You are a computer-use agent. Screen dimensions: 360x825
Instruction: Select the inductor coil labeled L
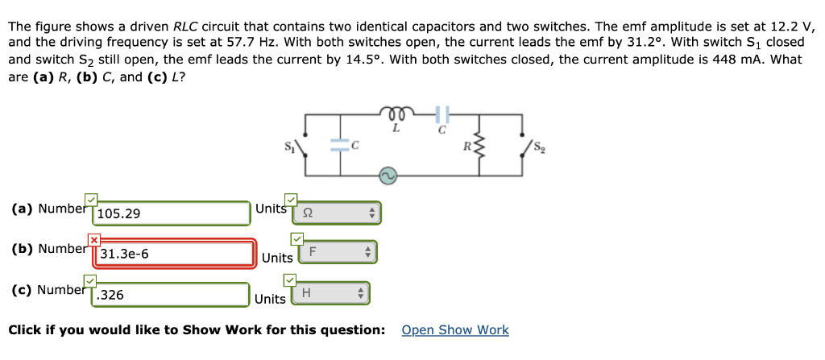tap(395, 115)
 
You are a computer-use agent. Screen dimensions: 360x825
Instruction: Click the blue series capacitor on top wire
tap(441, 115)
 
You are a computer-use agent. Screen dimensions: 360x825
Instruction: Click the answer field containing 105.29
tap(172, 213)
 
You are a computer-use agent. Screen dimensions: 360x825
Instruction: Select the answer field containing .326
tap(170, 295)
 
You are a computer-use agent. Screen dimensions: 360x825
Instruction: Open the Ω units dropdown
tap(339, 213)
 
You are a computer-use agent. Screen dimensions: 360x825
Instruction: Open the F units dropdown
tap(337, 252)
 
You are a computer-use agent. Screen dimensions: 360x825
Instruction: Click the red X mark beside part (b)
tap(93, 239)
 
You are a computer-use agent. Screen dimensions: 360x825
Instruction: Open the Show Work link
tap(454, 330)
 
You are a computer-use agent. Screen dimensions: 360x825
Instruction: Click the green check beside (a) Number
tap(91, 199)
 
